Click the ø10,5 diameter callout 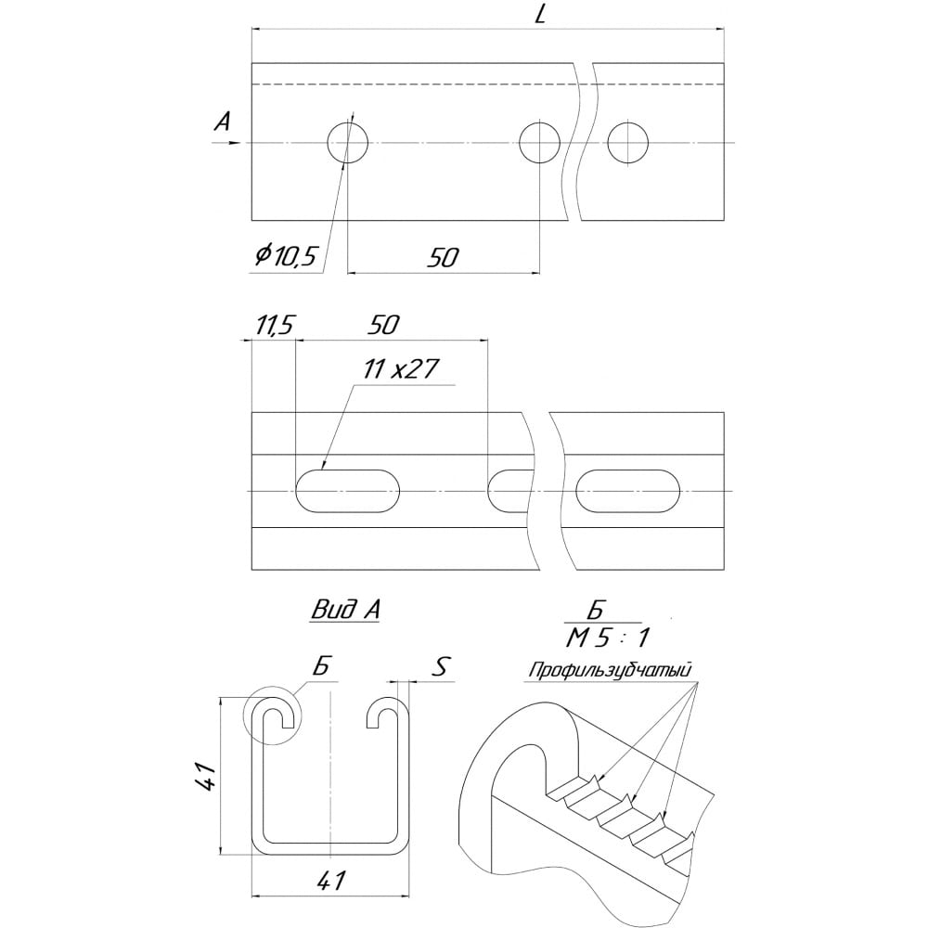286,256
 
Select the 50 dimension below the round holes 444,257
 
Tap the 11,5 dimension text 274,325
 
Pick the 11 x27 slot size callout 401,369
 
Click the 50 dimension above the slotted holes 383,325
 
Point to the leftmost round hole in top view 348,143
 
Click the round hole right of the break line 628,143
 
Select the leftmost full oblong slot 347,491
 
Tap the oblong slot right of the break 628,491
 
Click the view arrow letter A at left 222,122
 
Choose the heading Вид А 345,610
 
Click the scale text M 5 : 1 608,638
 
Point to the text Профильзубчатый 611,671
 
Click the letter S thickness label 439,667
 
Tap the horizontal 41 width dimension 331,882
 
